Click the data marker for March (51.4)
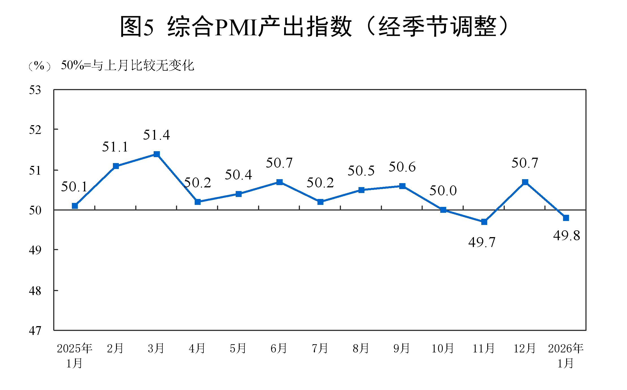pyautogui.click(x=156, y=154)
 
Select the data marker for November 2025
pyautogui.click(x=484, y=222)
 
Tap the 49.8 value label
pyautogui.click(x=566, y=235)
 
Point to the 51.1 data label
pyautogui.click(x=115, y=147)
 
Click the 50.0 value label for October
pyautogui.click(x=443, y=190)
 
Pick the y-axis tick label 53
pyautogui.click(x=35, y=90)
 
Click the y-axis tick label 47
pyautogui.click(x=35, y=330)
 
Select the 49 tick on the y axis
pyautogui.click(x=35, y=250)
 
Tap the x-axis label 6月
pyautogui.click(x=279, y=348)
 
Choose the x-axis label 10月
pyautogui.click(x=443, y=348)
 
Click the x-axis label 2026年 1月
pyautogui.click(x=566, y=355)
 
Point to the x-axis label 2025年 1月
pyautogui.click(x=75, y=355)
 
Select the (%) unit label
pyautogui.click(x=40, y=66)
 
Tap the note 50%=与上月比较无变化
pyautogui.click(x=127, y=66)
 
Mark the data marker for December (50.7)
pyautogui.click(x=525, y=182)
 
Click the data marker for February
pyautogui.click(x=116, y=166)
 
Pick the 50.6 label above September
pyautogui.click(x=402, y=167)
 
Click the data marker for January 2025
pyautogui.click(x=75, y=206)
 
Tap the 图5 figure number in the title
pyautogui.click(x=137, y=27)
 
